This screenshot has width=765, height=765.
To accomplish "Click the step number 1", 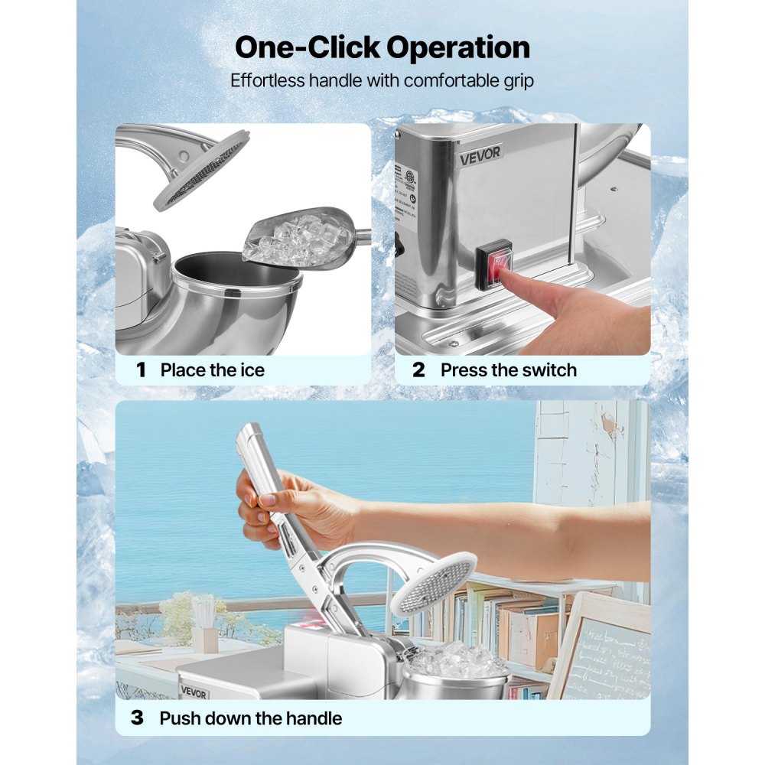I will pos(141,370).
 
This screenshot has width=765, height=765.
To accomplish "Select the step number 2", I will pos(418,370).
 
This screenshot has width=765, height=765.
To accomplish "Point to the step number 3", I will pos(137,718).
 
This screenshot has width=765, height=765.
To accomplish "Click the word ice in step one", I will pos(251,370).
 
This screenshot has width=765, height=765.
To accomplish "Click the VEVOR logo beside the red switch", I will pos(480,153).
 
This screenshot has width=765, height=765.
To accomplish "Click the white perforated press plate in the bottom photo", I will pos(432,583).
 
